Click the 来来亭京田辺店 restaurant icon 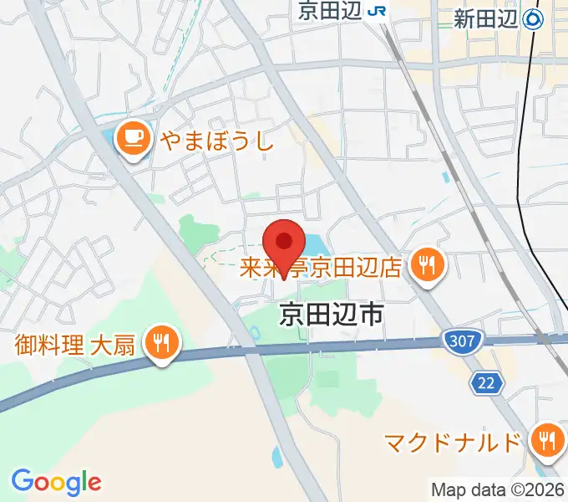429,267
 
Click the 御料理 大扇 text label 75,344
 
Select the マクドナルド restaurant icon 547,441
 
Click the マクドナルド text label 452,442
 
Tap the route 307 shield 456,341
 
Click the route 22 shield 485,383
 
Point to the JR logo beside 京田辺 378,12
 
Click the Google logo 56,482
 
